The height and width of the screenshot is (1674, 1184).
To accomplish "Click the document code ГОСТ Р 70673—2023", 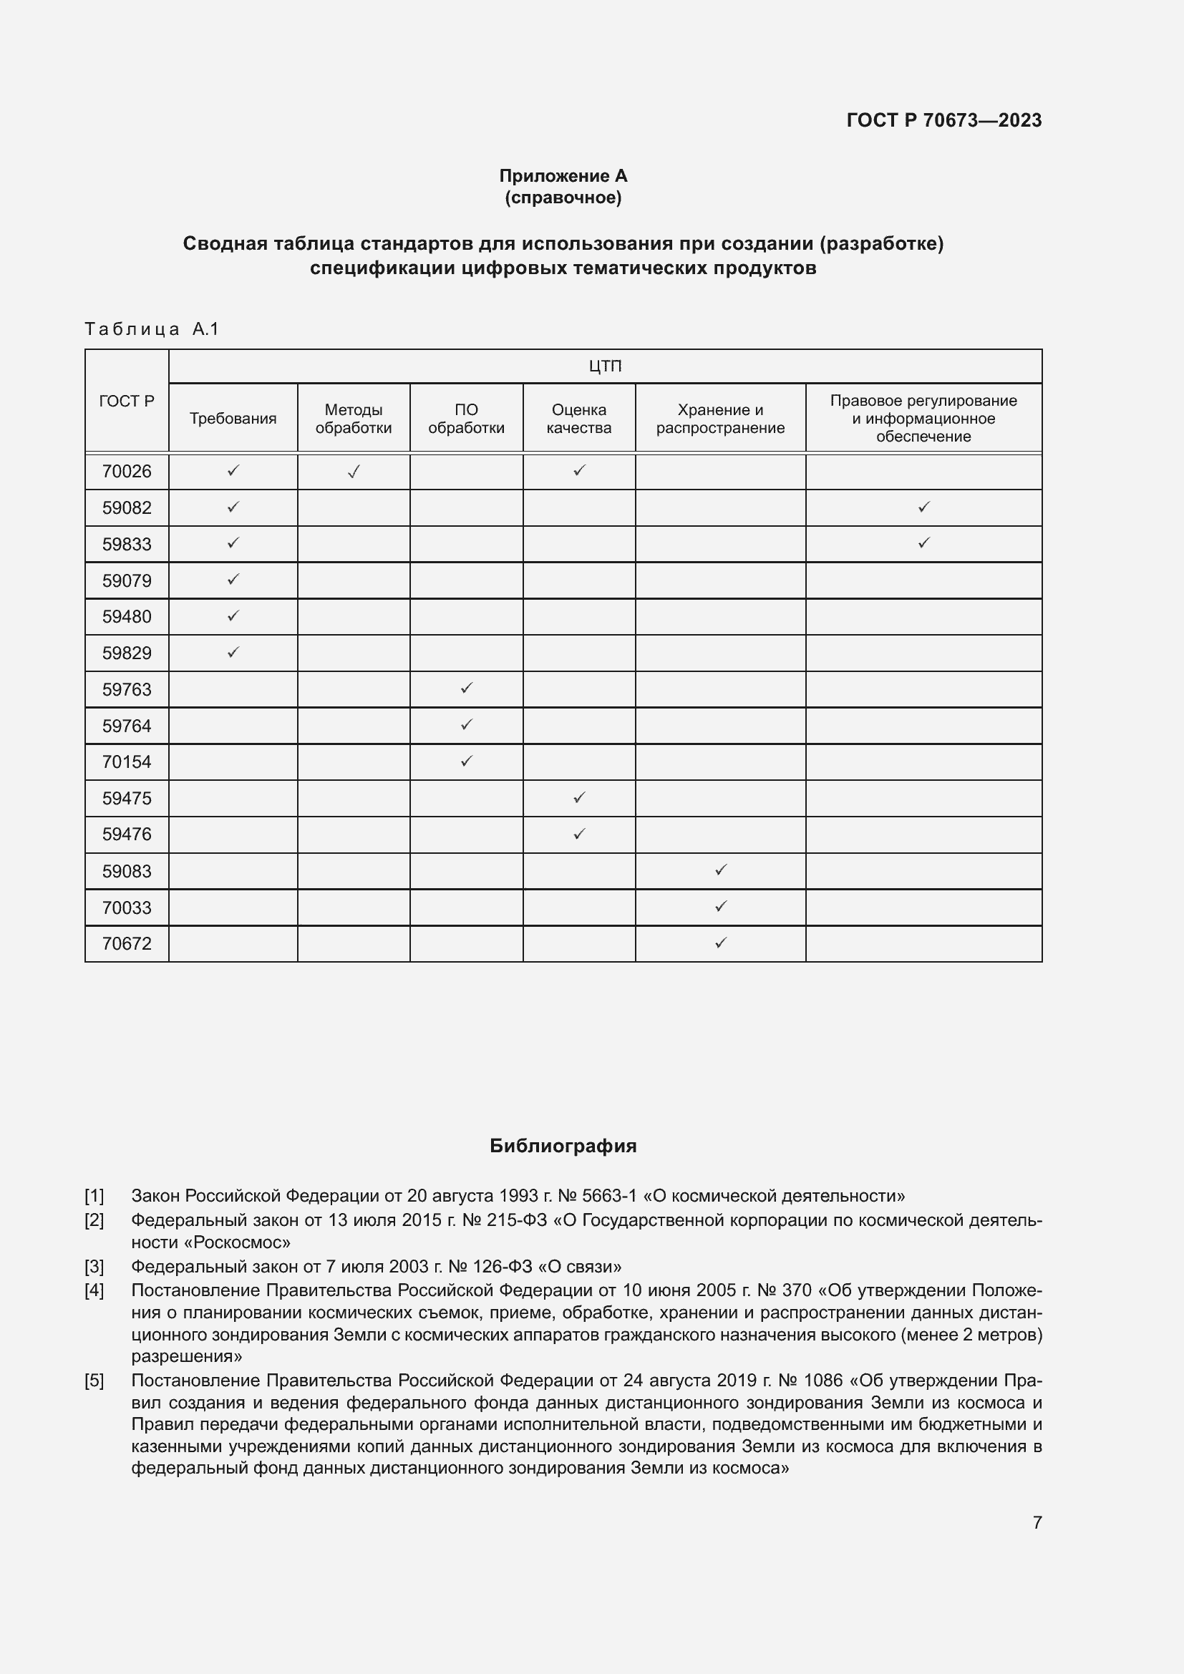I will [943, 120].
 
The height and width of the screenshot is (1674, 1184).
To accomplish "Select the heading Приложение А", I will [563, 176].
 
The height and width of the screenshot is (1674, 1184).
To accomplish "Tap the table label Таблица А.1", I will [152, 329].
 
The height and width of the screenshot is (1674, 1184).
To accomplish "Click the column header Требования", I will [233, 419].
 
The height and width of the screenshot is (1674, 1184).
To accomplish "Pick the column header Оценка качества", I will [579, 419].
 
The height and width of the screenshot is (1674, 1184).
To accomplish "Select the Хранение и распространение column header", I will [719, 419].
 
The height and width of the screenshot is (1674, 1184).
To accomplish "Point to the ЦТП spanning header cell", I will [604, 366].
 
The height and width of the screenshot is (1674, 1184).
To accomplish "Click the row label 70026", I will [127, 472].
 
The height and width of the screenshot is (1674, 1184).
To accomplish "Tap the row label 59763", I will [127, 690].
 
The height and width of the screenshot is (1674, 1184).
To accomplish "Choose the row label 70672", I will [127, 943].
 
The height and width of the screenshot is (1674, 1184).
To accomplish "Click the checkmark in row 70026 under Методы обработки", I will [354, 472].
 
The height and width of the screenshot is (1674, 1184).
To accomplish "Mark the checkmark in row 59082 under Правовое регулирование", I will [923, 507].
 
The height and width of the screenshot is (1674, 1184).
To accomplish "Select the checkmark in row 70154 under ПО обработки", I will [467, 761].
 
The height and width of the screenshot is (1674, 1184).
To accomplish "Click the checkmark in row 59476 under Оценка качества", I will [579, 833].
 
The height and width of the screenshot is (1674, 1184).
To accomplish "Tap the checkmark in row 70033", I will [720, 906].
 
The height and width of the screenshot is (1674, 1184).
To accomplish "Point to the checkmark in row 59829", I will [233, 653].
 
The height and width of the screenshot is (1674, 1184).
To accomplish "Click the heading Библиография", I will [563, 1146].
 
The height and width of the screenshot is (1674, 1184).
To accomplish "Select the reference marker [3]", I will [94, 1266].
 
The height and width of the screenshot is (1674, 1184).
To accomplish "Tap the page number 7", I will [1037, 1522].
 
